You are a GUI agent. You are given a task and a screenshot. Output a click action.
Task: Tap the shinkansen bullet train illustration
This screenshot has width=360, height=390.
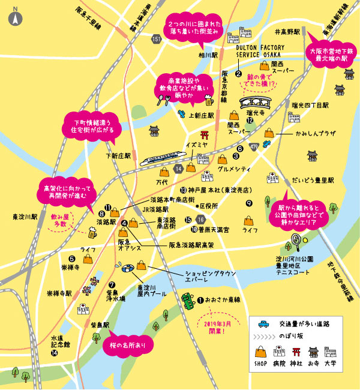pyautogui.click(x=161, y=158)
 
